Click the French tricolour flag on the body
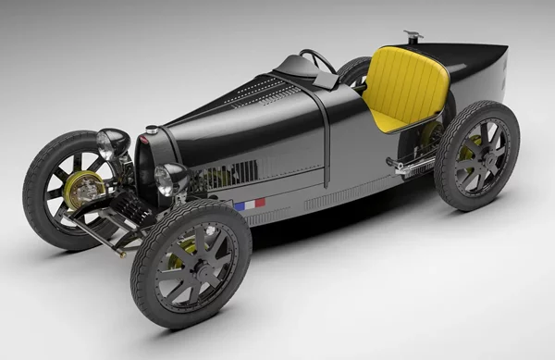pyautogui.click(x=250, y=204)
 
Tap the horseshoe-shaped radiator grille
pyautogui.click(x=144, y=167)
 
